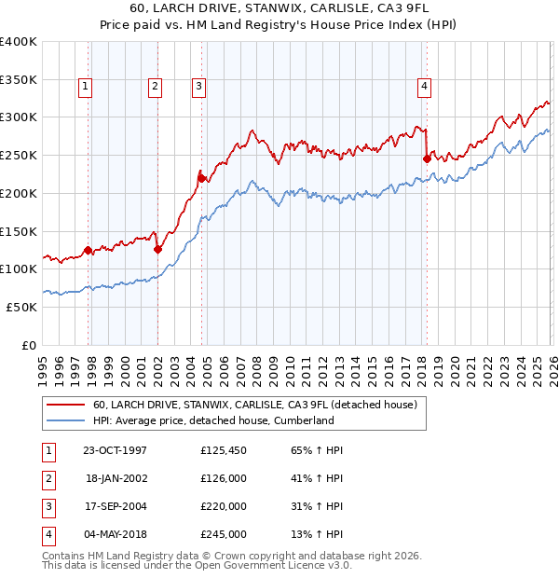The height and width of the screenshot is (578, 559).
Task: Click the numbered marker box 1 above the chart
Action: pos(85,87)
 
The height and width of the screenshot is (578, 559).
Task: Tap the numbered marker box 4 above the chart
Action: pos(424,87)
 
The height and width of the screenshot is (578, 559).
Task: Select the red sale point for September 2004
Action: pos(200,177)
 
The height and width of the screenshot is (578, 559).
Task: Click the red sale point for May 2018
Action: pos(427,158)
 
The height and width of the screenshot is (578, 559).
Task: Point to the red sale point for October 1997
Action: pos(88,250)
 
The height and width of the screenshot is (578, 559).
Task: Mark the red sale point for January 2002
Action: pos(157,249)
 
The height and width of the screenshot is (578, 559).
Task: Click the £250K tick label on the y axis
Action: pos(19,155)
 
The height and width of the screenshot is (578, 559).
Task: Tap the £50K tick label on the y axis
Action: pos(22,307)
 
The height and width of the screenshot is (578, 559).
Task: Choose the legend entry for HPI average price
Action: pos(213,420)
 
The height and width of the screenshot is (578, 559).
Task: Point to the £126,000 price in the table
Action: pos(224,478)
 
